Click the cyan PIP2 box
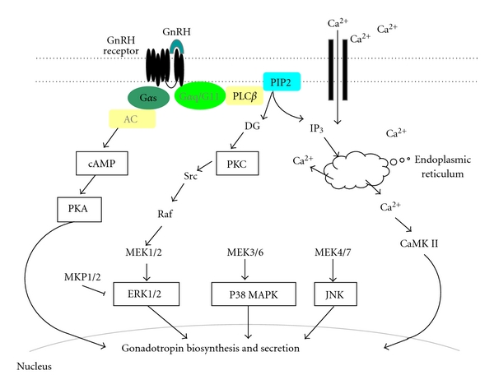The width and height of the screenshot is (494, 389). (x=280, y=81)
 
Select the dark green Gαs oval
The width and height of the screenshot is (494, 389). (x=148, y=99)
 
